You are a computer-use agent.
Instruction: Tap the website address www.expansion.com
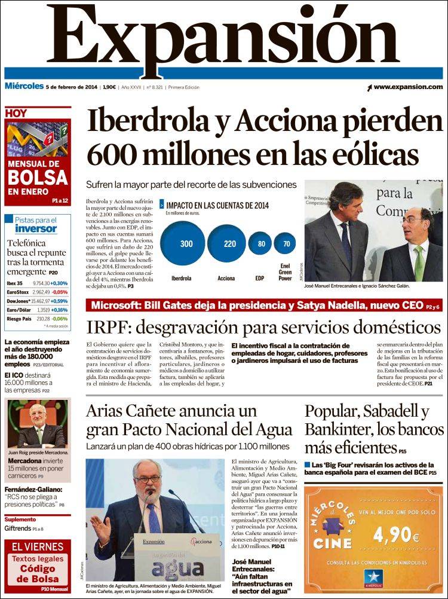coord(409,87)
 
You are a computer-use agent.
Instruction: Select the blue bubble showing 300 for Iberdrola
coord(186,243)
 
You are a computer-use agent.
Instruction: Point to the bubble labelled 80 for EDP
coord(260,243)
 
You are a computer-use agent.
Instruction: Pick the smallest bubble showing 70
coord(286,244)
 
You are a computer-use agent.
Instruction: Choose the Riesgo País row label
coord(18,319)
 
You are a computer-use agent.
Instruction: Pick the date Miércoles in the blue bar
coord(24,87)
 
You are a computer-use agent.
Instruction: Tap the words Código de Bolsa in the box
coord(37,573)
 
